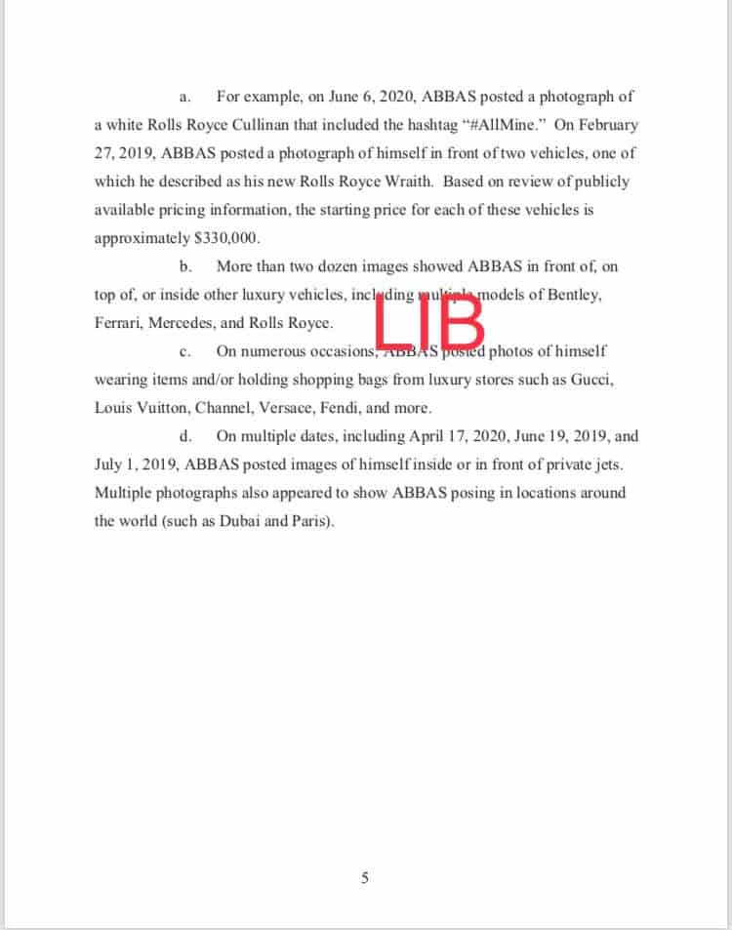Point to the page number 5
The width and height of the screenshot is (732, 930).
point(365,877)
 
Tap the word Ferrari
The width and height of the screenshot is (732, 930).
point(117,323)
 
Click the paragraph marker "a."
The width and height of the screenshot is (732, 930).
point(185,98)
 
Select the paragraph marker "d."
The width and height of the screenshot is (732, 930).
point(185,436)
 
